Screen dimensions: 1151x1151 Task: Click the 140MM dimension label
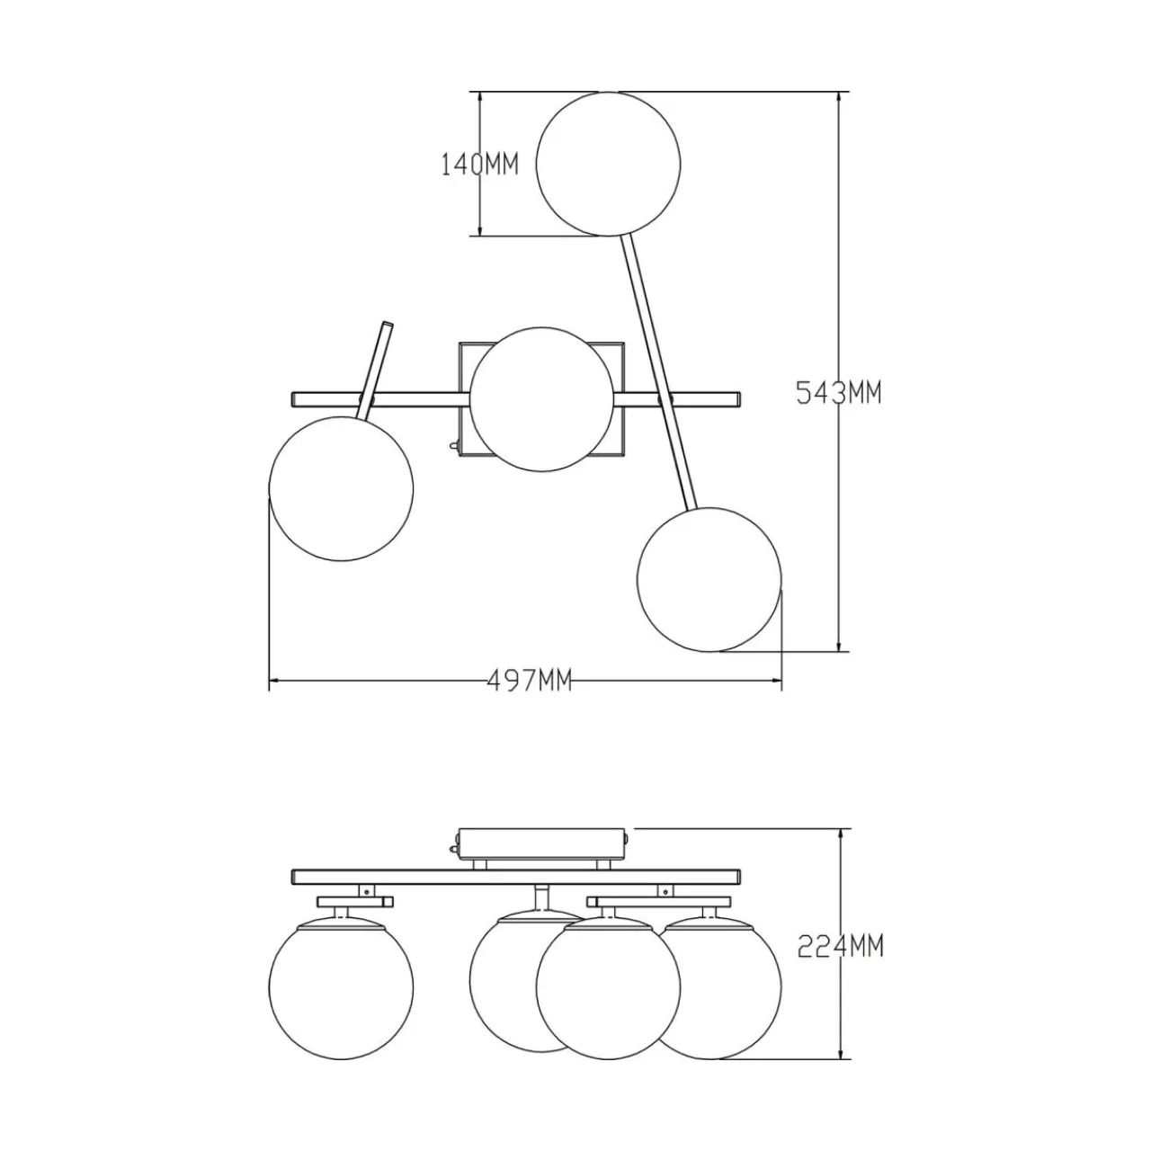tap(479, 165)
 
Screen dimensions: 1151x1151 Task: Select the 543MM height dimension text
tap(839, 393)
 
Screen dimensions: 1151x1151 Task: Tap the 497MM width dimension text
tap(530, 681)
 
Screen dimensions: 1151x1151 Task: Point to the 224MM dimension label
tap(841, 963)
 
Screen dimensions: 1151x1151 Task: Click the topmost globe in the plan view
tap(608, 164)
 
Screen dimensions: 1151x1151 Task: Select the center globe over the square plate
tap(541, 399)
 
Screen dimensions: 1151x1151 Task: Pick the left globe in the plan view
tap(341, 488)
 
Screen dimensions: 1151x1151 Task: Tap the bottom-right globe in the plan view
tap(709, 579)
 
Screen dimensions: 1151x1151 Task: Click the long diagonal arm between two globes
tap(659, 373)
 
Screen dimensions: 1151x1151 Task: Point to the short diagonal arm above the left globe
tap(376, 370)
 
